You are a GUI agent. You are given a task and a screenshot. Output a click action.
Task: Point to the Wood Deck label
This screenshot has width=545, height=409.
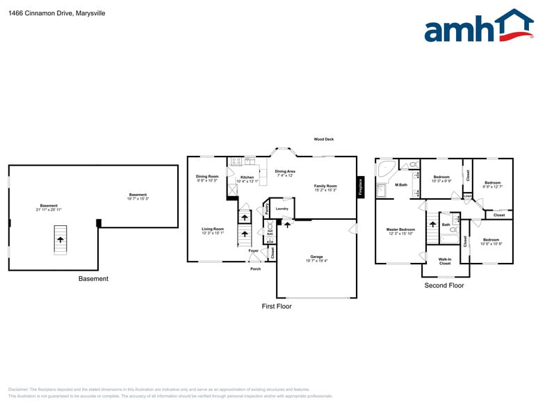[x=323, y=139]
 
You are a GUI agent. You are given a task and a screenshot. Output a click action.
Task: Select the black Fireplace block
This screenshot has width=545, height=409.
[x=360, y=186]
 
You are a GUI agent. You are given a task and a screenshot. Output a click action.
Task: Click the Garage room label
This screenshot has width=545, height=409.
[x=316, y=257]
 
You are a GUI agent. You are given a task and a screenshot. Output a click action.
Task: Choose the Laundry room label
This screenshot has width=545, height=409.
[x=282, y=208]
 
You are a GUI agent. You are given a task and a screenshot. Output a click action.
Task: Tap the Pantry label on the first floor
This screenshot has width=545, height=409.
[x=266, y=208]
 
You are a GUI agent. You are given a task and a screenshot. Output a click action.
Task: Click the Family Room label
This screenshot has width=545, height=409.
[x=325, y=186]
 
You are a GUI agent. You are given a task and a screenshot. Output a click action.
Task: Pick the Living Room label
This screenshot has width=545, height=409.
[x=213, y=229]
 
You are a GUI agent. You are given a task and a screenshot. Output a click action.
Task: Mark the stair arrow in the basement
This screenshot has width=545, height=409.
[x=60, y=239]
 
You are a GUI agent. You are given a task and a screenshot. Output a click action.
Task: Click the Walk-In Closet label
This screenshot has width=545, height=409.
[x=444, y=261]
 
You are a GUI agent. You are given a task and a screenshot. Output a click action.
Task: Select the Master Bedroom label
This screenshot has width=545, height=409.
[x=400, y=229]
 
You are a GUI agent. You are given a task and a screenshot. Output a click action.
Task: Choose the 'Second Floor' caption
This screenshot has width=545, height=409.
[x=444, y=285]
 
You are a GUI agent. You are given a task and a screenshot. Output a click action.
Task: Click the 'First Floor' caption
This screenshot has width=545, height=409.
[x=277, y=306]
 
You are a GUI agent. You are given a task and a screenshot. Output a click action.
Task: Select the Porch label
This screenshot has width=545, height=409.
[x=255, y=269]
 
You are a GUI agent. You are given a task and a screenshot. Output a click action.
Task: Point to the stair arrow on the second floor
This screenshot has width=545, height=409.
[x=432, y=224]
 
